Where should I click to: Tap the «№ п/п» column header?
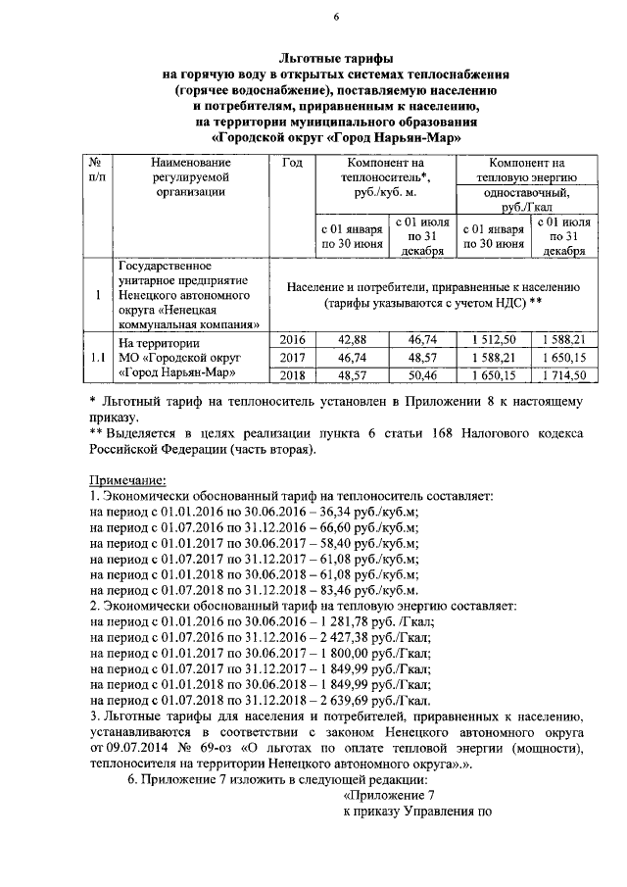coord(97,170)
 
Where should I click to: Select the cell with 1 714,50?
coord(561,374)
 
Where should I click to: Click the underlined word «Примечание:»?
coord(127,480)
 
